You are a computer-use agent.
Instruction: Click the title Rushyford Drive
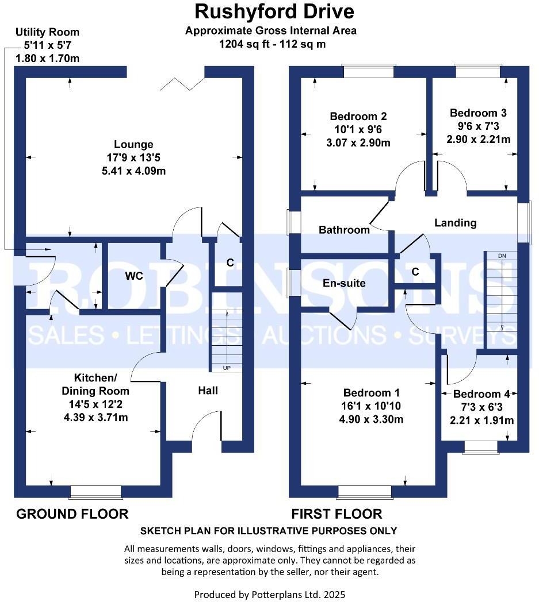[x=274, y=11]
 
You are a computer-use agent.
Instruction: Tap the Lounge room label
[x=133, y=145]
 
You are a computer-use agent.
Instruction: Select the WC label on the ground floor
[x=134, y=276]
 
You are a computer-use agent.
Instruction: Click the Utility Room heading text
[x=47, y=32]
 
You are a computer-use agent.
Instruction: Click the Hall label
[x=208, y=391]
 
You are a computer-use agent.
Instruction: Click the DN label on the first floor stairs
[x=502, y=255]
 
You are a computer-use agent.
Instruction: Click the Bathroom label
[x=344, y=230]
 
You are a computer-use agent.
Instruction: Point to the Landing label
[x=455, y=223]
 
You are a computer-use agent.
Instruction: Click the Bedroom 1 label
[x=371, y=393]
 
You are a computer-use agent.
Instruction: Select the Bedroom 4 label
[x=481, y=394]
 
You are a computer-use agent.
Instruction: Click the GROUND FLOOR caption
[x=72, y=514]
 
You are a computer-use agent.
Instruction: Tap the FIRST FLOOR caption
[x=337, y=514]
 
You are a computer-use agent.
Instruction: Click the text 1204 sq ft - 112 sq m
[x=270, y=43]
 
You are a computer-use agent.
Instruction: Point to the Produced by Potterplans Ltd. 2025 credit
[x=270, y=594]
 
